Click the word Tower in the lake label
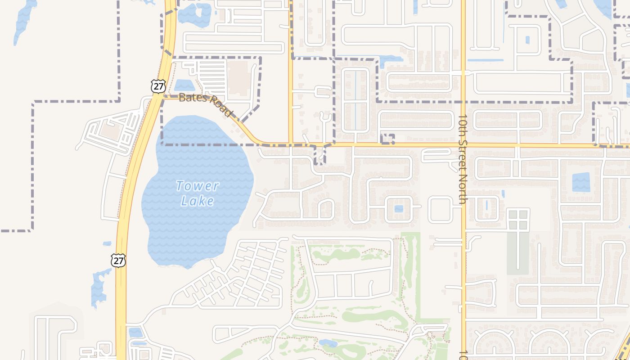point(198,185)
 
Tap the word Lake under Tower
point(198,201)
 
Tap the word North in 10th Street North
point(462,189)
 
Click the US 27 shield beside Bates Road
point(158,86)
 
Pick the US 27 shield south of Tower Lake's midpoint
point(118,260)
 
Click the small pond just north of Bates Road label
point(184,85)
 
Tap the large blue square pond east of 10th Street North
point(580,182)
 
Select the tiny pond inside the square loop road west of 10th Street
point(399,209)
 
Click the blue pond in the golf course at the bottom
point(328,344)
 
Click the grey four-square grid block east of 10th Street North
point(517,219)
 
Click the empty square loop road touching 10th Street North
point(440,209)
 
